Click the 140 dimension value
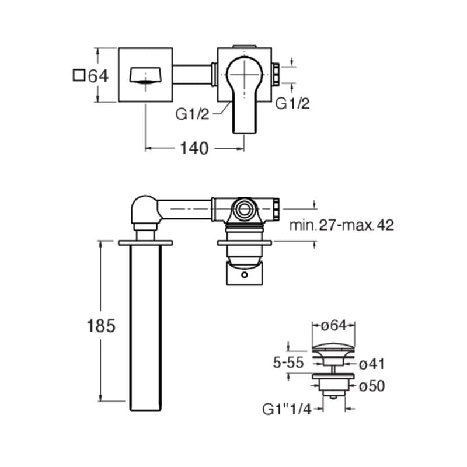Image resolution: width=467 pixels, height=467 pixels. [194, 148]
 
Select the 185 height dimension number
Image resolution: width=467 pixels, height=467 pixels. [101, 326]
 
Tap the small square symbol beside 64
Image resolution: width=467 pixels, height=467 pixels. [79, 75]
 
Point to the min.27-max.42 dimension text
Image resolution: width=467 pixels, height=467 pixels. [341, 225]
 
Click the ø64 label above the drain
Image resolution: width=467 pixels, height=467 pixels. [334, 325]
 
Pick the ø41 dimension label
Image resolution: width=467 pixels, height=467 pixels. [372, 364]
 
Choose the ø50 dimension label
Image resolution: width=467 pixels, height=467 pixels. [372, 386]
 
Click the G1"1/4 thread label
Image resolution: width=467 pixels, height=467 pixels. [287, 409]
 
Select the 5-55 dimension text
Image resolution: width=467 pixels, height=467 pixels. [288, 363]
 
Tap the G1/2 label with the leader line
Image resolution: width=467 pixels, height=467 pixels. [193, 114]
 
